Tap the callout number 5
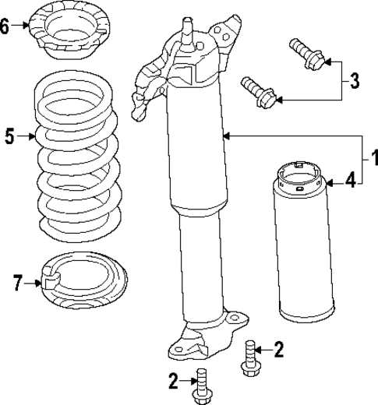[x=10, y=137]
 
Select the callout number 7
[x=16, y=283]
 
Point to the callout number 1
[x=373, y=159]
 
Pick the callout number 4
[x=351, y=181]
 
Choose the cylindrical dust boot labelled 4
[x=301, y=249]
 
